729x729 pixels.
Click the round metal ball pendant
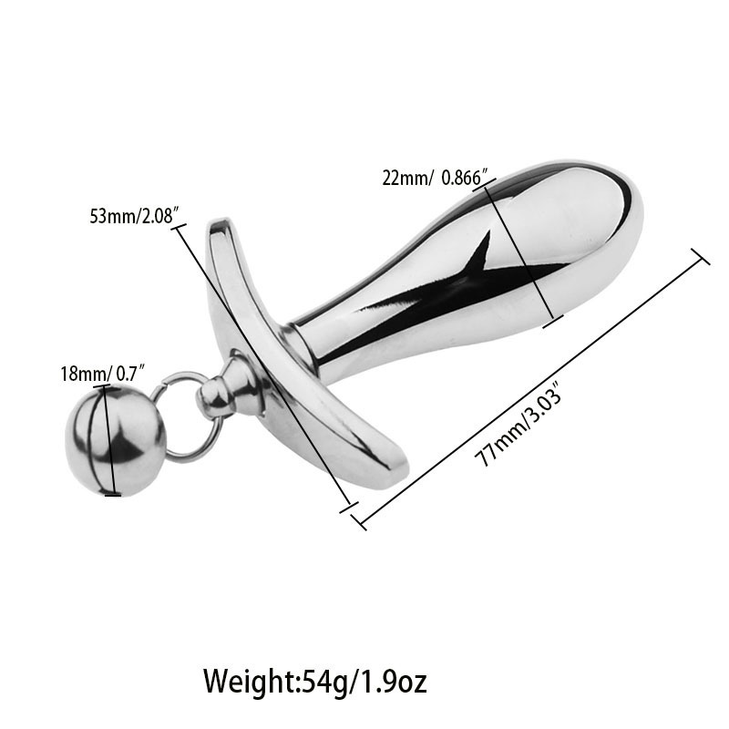pos(114,440)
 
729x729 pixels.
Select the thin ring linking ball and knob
pos(183,416)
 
